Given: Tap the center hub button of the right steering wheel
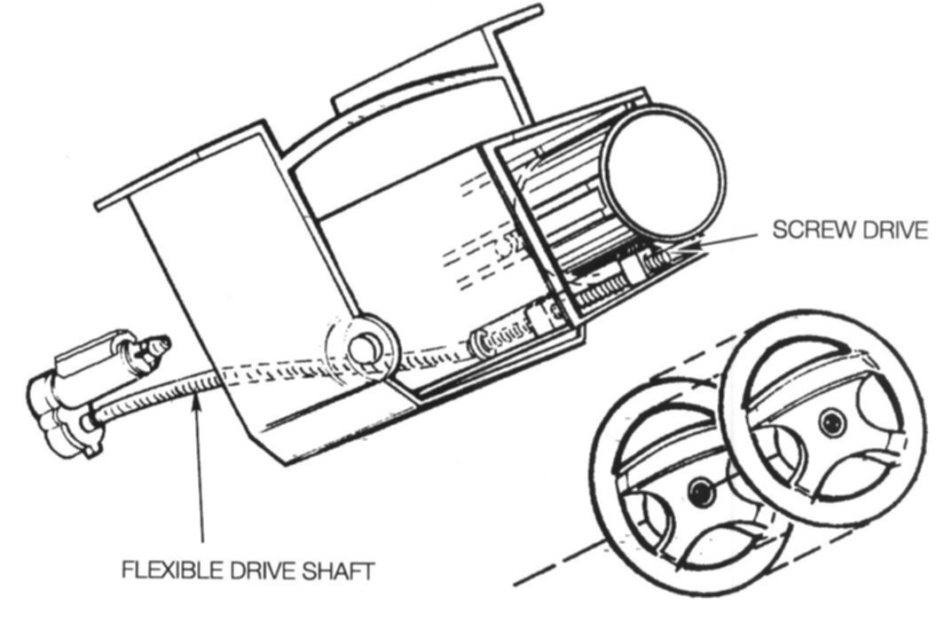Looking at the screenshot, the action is pyautogui.click(x=830, y=422).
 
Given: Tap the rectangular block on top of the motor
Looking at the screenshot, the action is pyautogui.click(x=92, y=350).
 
